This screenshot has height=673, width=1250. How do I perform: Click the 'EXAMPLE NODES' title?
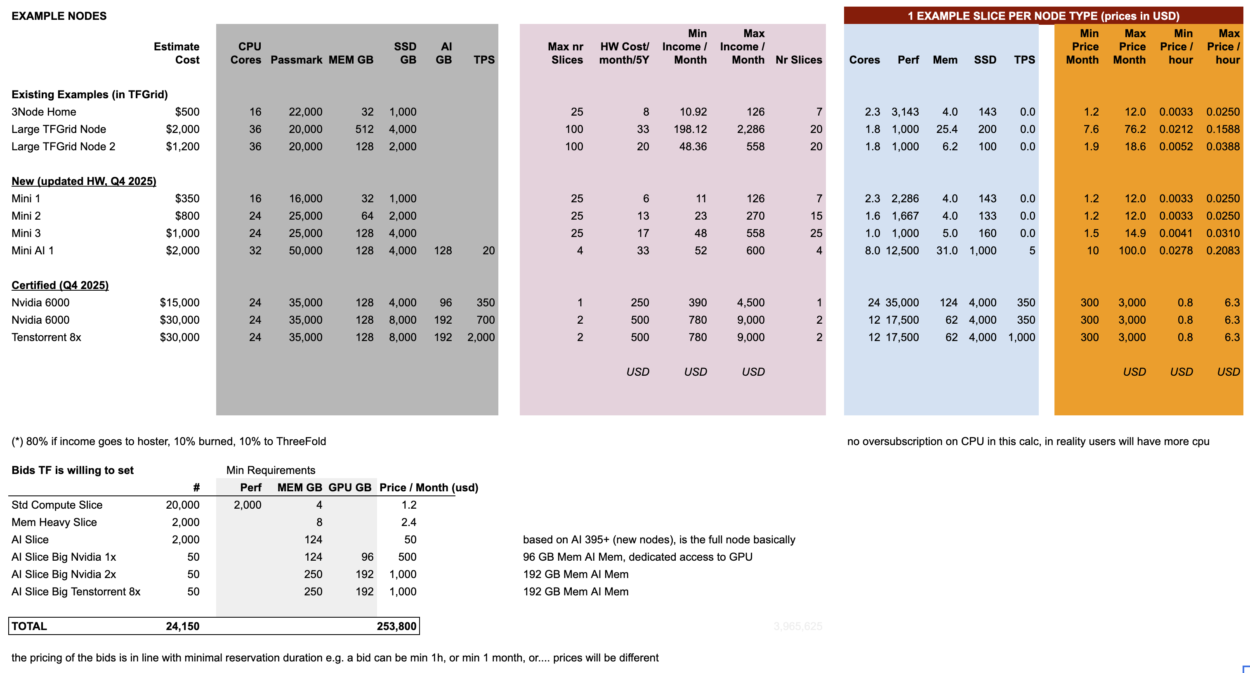[59, 16]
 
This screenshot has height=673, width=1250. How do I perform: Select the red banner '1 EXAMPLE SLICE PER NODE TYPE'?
[1043, 16]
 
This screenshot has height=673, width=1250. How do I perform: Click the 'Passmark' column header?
[296, 60]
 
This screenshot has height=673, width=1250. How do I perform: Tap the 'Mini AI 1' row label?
[33, 251]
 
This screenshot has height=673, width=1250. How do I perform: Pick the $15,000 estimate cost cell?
[179, 303]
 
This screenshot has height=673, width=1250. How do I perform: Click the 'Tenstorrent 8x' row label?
[46, 337]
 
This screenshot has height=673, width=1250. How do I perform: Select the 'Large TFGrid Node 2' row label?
[63, 147]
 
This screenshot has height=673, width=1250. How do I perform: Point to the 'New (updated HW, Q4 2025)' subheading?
[83, 181]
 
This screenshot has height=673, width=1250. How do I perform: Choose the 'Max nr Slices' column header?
[565, 53]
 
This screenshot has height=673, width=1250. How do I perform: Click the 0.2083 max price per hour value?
[1222, 251]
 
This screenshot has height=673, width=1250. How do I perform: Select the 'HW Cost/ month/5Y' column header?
[624, 53]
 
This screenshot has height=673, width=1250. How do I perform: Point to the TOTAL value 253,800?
[396, 626]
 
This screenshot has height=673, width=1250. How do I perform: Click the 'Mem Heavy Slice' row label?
[54, 522]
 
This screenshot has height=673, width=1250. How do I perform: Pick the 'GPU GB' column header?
[349, 488]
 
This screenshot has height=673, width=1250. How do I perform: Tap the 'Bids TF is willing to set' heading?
[72, 470]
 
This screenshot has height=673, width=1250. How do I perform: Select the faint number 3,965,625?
[798, 626]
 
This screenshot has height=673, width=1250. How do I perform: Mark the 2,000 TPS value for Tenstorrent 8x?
[481, 337]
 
